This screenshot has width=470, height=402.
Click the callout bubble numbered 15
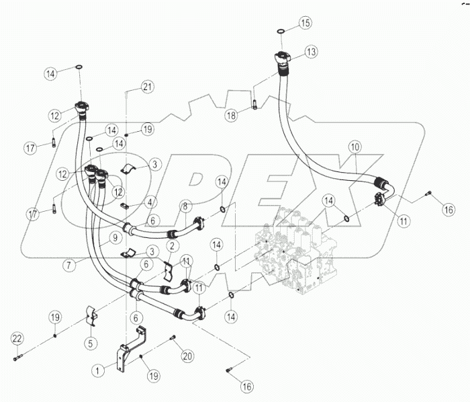pos(305,24)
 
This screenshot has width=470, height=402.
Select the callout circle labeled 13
pos(310,52)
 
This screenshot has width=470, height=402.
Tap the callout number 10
pos(355,146)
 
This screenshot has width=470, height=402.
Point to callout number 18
pos(231,115)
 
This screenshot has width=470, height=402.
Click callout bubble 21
pos(147,85)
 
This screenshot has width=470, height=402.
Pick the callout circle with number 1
pos(99,369)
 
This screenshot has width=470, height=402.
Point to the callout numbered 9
pos(115,237)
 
